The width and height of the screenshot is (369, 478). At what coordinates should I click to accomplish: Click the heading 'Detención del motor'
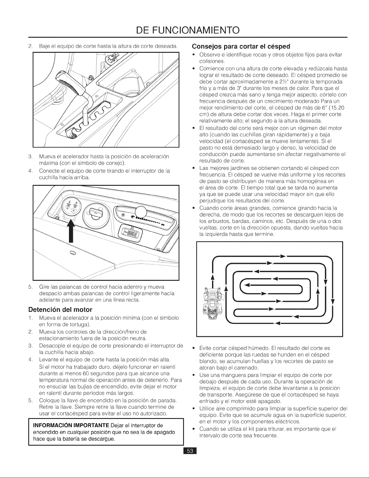pos(60,310)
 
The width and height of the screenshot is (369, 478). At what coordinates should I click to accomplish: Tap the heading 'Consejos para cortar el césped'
pos(241,46)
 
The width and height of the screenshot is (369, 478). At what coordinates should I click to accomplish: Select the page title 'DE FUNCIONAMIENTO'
pos(188,30)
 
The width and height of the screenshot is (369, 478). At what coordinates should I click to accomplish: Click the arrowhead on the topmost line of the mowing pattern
pos(283,256)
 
